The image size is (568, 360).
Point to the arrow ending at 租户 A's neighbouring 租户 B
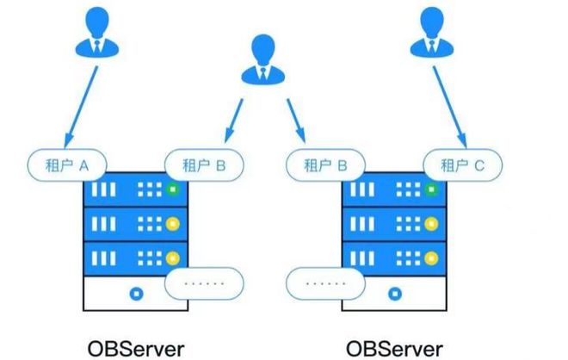pyautogui.click(x=232, y=121)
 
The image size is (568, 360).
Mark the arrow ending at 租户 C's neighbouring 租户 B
pyautogui.click(x=293, y=121)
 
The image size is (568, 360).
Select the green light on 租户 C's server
pyautogui.click(x=431, y=189)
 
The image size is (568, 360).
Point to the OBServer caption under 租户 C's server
pyautogui.click(x=395, y=349)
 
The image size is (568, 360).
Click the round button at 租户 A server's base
pyautogui.click(x=134, y=292)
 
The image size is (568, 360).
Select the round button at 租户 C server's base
pyautogui.click(x=394, y=292)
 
